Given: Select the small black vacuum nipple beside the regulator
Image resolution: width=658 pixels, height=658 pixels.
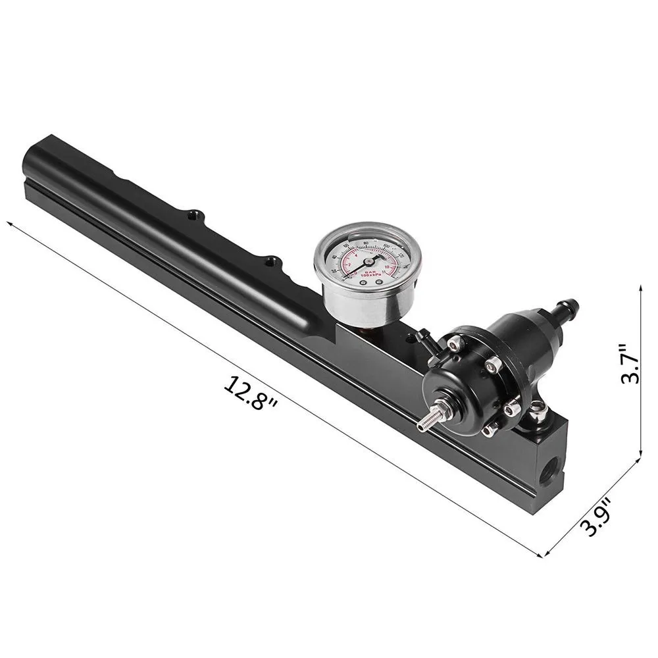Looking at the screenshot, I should [422, 338].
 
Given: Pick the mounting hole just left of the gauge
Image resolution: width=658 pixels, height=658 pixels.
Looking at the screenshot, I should [271, 261].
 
